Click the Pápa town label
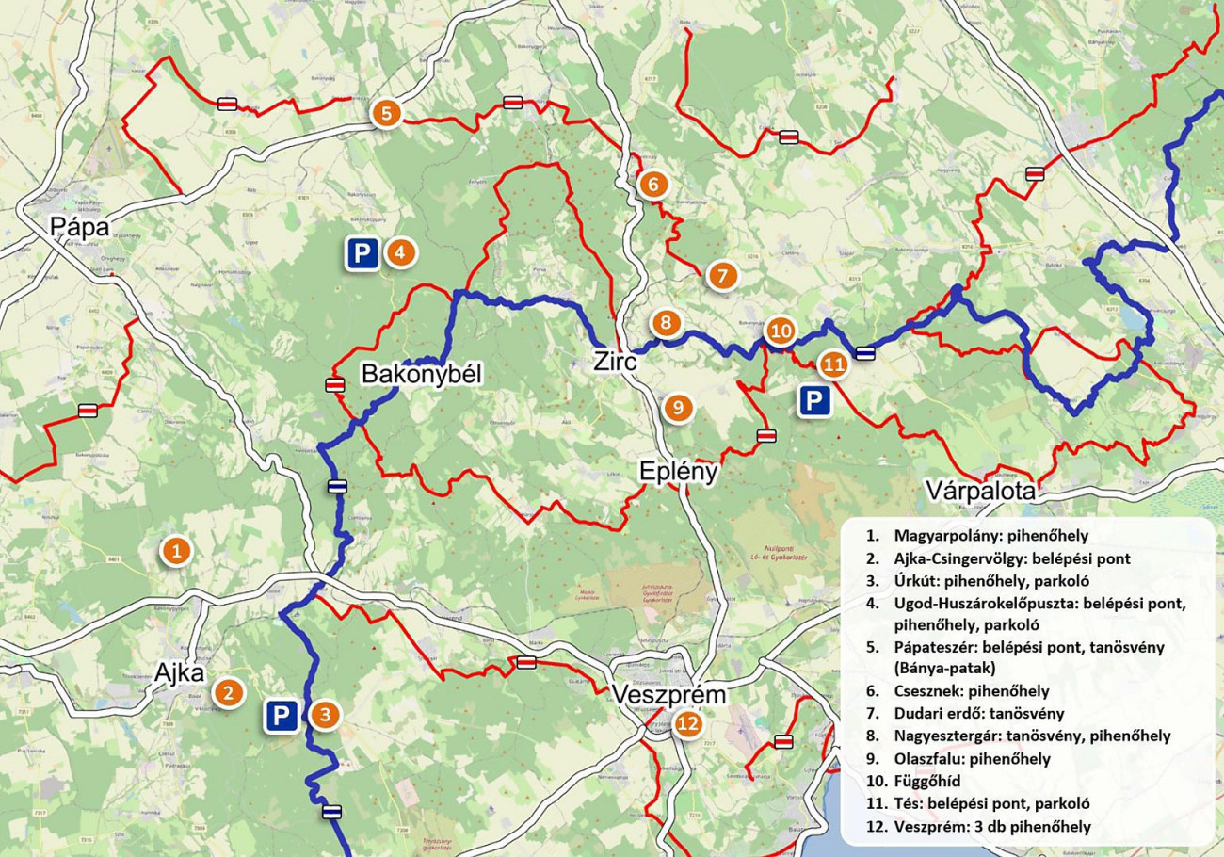click(x=80, y=227)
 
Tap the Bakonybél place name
click(x=421, y=375)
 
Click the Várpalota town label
click(x=980, y=492)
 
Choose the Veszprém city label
click(x=669, y=695)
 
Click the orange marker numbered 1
click(x=175, y=550)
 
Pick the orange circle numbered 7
click(x=721, y=276)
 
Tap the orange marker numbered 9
click(x=677, y=408)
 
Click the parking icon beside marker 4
click(x=362, y=253)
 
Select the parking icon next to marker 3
click(x=281, y=716)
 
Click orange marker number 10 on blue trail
click(x=781, y=331)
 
